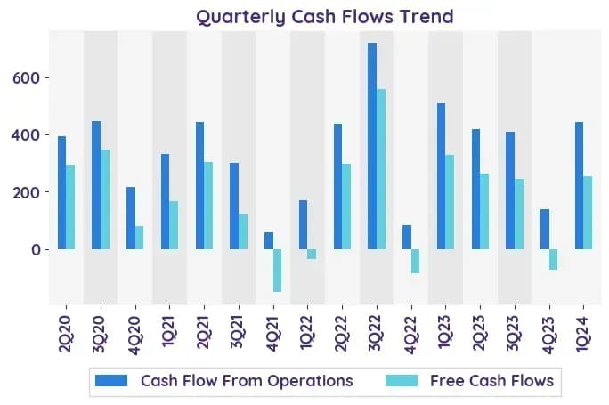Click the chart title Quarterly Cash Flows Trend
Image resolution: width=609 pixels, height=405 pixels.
tap(325, 17)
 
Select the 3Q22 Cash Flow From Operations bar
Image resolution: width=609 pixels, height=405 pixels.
tap(372, 146)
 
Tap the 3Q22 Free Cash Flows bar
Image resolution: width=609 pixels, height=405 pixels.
tap(381, 169)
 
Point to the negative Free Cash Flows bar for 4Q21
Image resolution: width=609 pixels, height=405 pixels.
tap(277, 271)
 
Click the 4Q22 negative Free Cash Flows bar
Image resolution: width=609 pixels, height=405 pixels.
tap(415, 262)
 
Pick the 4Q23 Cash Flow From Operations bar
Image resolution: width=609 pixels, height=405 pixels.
tap(545, 229)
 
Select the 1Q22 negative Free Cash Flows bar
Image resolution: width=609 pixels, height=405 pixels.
tap(312, 254)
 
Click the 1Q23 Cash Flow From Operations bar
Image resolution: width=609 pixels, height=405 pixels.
tap(442, 176)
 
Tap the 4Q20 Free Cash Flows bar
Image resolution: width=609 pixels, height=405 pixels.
tap(139, 238)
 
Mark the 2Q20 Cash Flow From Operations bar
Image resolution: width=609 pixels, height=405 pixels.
tap(61, 192)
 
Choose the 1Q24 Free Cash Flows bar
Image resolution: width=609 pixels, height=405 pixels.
tap(588, 213)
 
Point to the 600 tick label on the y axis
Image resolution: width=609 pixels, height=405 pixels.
tap(27, 78)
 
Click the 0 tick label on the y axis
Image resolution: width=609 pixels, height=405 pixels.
tap(36, 250)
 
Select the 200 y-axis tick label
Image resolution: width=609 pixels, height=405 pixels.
tap(27, 192)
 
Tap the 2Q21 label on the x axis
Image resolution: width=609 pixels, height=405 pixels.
tap(204, 333)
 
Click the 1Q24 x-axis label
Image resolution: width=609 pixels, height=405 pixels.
tap(583, 333)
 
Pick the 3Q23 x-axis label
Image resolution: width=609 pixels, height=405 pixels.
tap(515, 333)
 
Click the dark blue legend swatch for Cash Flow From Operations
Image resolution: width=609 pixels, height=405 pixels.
tap(111, 381)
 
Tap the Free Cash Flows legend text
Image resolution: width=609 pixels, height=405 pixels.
tap(492, 381)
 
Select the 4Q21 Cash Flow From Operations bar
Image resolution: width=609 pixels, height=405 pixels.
tap(269, 240)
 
